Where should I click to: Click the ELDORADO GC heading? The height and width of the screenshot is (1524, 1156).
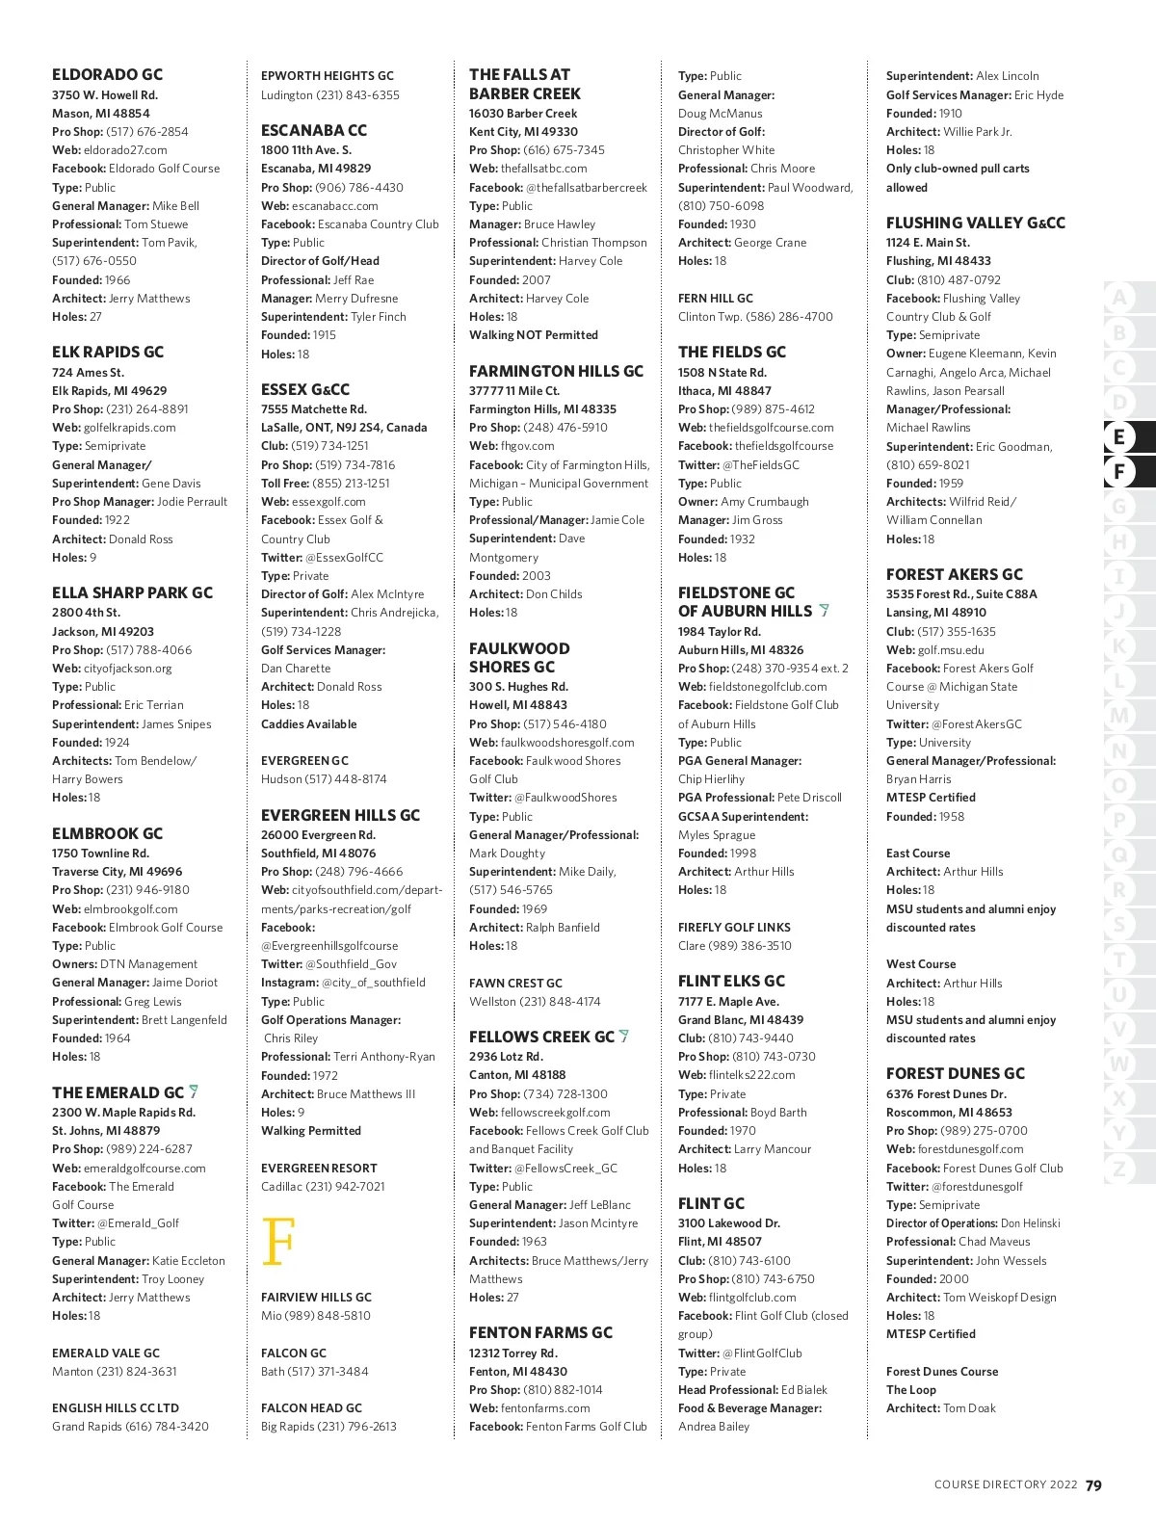pyautogui.click(x=107, y=74)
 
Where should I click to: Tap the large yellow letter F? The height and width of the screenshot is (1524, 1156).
pyautogui.click(x=277, y=1242)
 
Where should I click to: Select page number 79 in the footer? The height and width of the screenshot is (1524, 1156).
pyautogui.click(x=1093, y=1485)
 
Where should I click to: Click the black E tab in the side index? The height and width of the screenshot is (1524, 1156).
pyautogui.click(x=1118, y=437)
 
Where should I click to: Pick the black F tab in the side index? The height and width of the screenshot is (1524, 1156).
pyautogui.click(x=1118, y=472)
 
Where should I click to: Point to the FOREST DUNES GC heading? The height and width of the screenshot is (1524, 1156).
pyautogui.click(x=955, y=1073)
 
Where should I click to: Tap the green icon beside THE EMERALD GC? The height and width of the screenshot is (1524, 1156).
pyautogui.click(x=194, y=1091)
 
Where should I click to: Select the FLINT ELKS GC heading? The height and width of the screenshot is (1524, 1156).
pyautogui.click(x=731, y=981)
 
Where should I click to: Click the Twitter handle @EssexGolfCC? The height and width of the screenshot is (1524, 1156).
pyautogui.click(x=344, y=558)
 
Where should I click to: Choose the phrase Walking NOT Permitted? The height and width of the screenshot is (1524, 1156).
pyautogui.click(x=533, y=335)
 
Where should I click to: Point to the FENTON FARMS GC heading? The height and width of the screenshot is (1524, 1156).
pyautogui.click(x=540, y=1332)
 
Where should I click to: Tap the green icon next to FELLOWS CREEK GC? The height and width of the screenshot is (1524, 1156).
pyautogui.click(x=624, y=1037)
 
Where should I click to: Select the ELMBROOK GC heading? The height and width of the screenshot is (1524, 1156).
pyautogui.click(x=107, y=833)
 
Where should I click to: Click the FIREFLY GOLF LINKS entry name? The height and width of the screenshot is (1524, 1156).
pyautogui.click(x=734, y=928)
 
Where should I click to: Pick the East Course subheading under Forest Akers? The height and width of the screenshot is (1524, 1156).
pyautogui.click(x=917, y=854)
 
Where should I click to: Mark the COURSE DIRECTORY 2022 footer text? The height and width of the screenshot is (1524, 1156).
pyautogui.click(x=1005, y=1485)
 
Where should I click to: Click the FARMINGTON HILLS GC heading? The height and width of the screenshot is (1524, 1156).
pyautogui.click(x=556, y=371)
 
